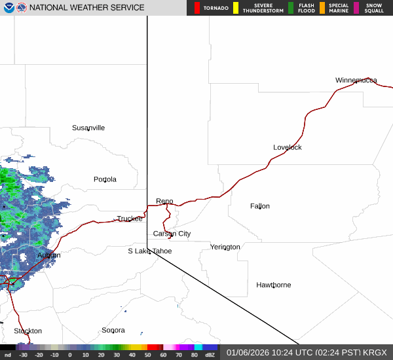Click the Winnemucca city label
[x=356, y=80]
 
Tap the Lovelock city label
[x=288, y=147]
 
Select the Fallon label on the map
[x=259, y=206]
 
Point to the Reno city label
[x=164, y=201]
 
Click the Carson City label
[x=172, y=234]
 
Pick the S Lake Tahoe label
[x=149, y=251]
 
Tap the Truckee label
[x=130, y=219]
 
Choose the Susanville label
[x=88, y=128]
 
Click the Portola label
[x=105, y=179]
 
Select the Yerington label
[x=225, y=247]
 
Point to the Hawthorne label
[x=273, y=285]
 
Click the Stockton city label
[x=28, y=331]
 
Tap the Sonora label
[x=113, y=331]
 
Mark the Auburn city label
[x=48, y=255]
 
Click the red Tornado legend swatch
[x=197, y=8]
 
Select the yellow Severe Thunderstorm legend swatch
[x=235, y=8]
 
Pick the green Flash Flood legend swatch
[x=291, y=8]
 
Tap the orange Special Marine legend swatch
[x=322, y=8]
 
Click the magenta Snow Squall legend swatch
[x=356, y=8]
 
